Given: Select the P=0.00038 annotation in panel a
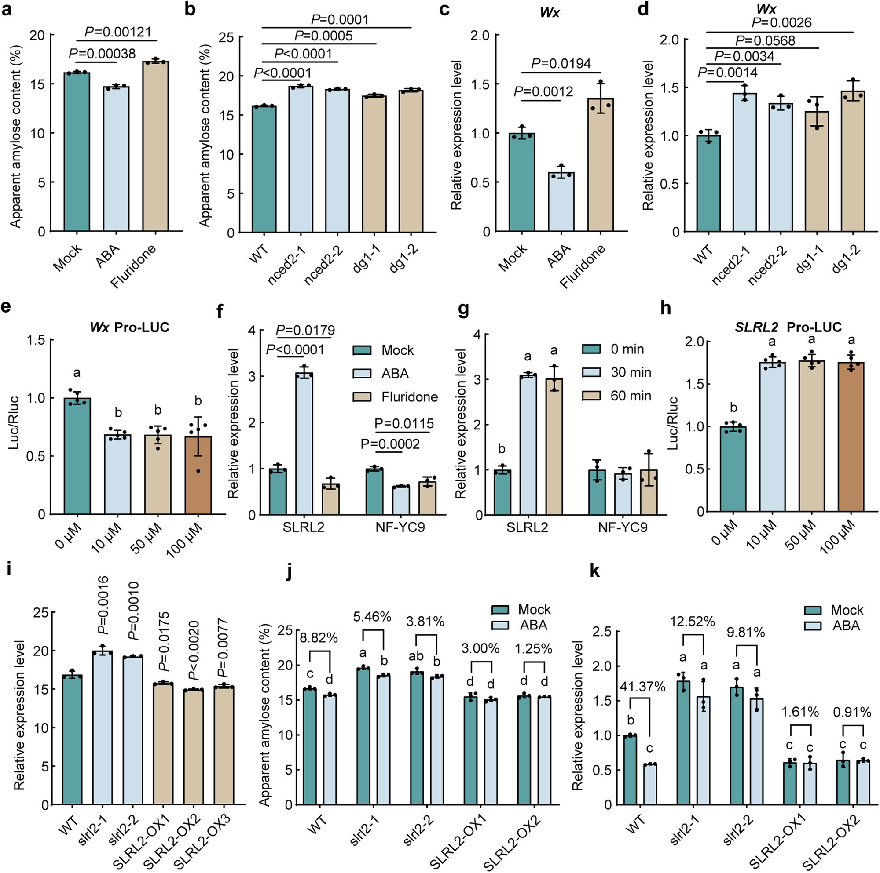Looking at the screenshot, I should (102, 54).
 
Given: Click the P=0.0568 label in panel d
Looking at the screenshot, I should (765, 41).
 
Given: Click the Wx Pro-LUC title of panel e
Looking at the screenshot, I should (129, 327).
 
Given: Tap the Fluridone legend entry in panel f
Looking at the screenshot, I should (396, 397).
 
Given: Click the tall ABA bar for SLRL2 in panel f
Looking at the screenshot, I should (304, 444).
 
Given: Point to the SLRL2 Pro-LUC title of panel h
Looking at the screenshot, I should (788, 327).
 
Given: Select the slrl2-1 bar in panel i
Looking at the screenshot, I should (103, 727).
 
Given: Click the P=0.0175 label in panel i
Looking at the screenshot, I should (163, 642).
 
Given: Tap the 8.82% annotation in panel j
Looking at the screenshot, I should (319, 638).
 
